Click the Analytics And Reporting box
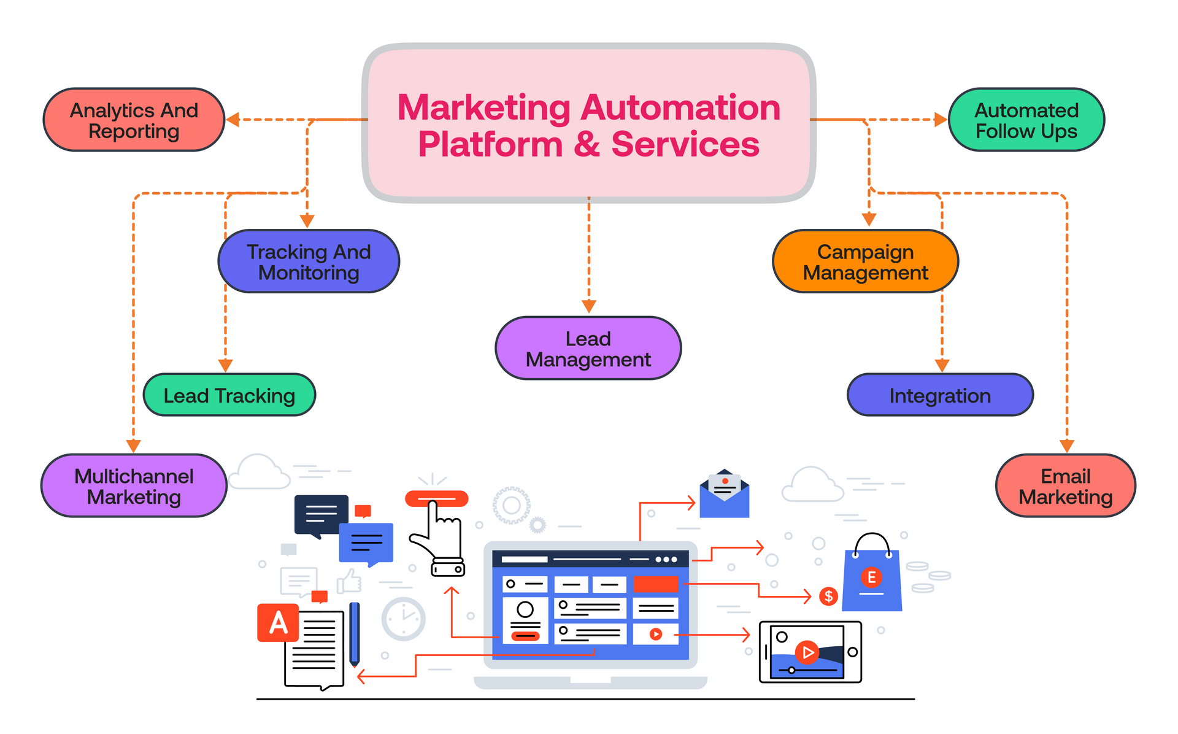click(134, 120)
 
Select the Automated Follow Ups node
click(1026, 120)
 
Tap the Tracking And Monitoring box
click(309, 262)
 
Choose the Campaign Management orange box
click(865, 262)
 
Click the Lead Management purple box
click(588, 349)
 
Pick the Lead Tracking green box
click(229, 396)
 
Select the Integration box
click(939, 396)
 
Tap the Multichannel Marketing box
click(134, 486)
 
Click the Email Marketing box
click(1065, 486)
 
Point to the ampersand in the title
click(587, 145)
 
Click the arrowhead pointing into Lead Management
click(588, 306)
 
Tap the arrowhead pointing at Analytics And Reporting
click(233, 120)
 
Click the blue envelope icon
click(725, 495)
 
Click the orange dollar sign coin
click(828, 596)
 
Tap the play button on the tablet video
click(807, 652)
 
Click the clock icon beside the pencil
click(403, 619)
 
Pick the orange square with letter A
click(278, 623)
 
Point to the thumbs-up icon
click(350, 581)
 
